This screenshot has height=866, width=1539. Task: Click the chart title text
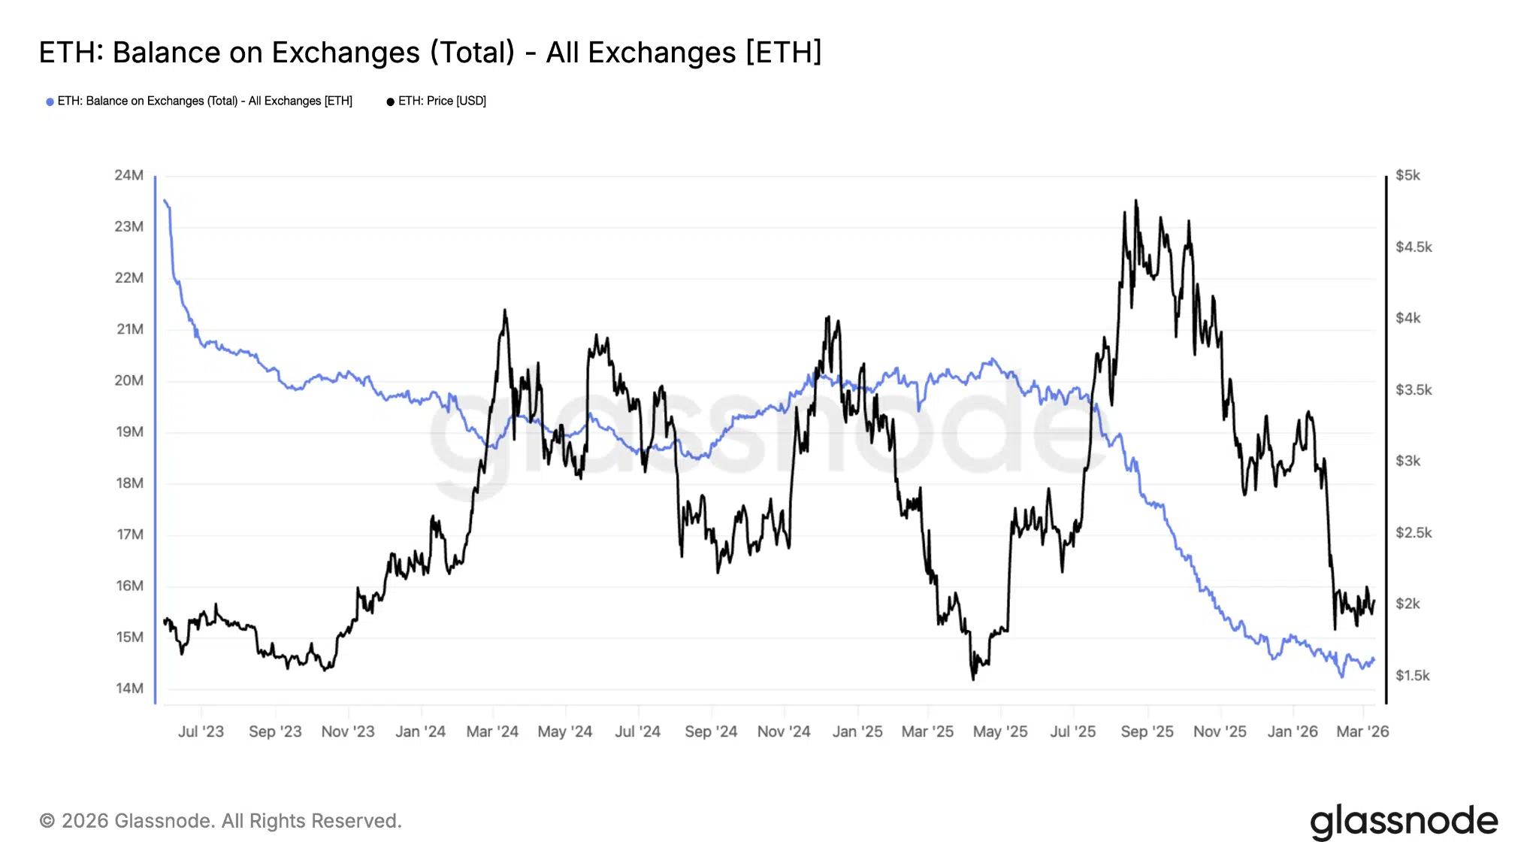pyautogui.click(x=430, y=53)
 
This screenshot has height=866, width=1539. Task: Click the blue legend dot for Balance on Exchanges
pyautogui.click(x=50, y=101)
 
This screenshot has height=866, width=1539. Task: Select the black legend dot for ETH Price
pyautogui.click(x=390, y=101)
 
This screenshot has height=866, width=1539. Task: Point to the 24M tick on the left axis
pyautogui.click(x=129, y=175)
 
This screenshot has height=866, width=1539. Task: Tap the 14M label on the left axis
pyautogui.click(x=129, y=688)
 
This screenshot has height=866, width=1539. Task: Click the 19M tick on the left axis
pyautogui.click(x=129, y=431)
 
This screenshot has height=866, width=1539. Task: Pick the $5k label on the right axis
pyautogui.click(x=1407, y=175)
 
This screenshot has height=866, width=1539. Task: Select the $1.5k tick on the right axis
pyautogui.click(x=1413, y=675)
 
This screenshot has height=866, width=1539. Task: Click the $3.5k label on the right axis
pyautogui.click(x=1414, y=389)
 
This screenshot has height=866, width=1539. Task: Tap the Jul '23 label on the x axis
pyautogui.click(x=201, y=731)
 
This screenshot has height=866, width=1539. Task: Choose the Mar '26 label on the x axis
pyautogui.click(x=1362, y=731)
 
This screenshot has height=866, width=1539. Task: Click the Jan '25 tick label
pyautogui.click(x=857, y=731)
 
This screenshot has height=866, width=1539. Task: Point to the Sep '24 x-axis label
pyautogui.click(x=711, y=731)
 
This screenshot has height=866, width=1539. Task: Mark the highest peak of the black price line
pyautogui.click(x=1135, y=201)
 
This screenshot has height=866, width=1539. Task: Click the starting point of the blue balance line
pyautogui.click(x=165, y=200)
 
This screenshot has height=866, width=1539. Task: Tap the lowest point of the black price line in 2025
pyautogui.click(x=974, y=679)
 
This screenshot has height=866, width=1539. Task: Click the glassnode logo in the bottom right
pyautogui.click(x=1404, y=822)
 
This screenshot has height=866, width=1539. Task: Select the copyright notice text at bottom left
pyautogui.click(x=220, y=821)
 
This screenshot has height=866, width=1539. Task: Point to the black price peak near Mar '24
pyautogui.click(x=504, y=310)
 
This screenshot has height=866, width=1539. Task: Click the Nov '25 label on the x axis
pyautogui.click(x=1220, y=731)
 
